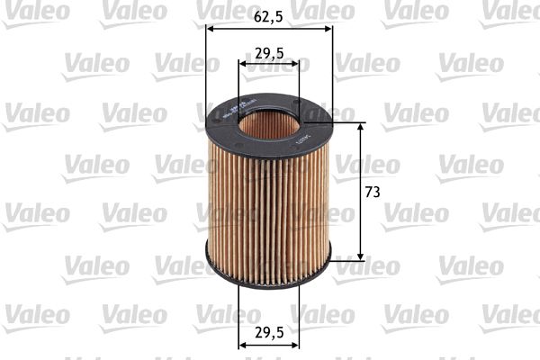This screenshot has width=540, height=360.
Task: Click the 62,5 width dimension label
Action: point(269,15)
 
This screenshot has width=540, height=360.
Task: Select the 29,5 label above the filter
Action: point(269,53)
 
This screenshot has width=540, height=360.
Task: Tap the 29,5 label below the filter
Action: point(269,332)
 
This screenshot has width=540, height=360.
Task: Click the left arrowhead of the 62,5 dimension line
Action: point(211,27)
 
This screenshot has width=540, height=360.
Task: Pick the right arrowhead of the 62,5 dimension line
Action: point(328,27)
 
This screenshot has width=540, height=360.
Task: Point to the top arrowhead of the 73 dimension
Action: point(361,127)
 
